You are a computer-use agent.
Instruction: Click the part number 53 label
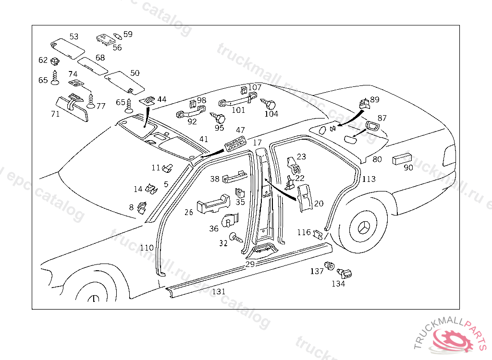(x=74, y=36)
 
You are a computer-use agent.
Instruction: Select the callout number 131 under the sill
(x=219, y=291)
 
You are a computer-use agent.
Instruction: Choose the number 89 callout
(x=375, y=100)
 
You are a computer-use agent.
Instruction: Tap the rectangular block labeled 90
(x=403, y=159)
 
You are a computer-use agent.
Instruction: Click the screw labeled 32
(x=236, y=237)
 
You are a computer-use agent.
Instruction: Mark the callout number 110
(x=147, y=248)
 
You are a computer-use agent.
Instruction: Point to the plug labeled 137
(x=330, y=265)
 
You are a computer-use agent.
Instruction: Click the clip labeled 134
(x=344, y=274)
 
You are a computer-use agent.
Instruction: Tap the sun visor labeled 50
(x=124, y=82)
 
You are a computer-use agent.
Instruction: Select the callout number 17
(x=258, y=143)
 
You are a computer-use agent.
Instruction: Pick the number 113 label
(x=369, y=179)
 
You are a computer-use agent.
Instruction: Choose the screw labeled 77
(x=90, y=101)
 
